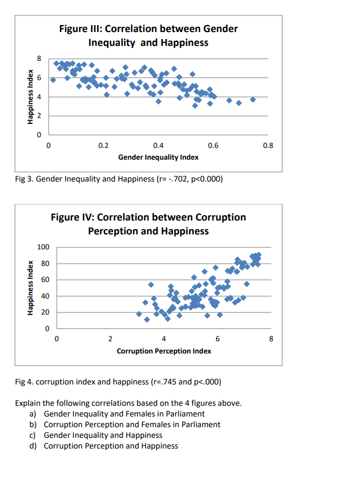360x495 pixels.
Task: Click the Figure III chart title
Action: (148, 35)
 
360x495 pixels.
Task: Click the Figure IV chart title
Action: (148, 224)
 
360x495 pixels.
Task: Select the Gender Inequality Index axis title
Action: (158, 157)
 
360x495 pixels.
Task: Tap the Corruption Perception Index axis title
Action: (164, 351)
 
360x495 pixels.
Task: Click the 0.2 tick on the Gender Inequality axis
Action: (104, 145)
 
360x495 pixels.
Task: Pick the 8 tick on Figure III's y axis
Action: (38, 58)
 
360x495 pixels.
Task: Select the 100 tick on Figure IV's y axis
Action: (43, 247)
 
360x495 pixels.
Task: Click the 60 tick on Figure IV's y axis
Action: (45, 280)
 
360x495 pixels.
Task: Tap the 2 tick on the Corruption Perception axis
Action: (110, 339)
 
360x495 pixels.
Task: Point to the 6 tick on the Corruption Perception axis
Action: (217, 339)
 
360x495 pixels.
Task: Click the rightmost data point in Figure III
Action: (253, 99)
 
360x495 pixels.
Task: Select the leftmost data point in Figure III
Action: (53, 80)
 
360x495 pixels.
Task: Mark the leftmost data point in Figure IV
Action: (139, 314)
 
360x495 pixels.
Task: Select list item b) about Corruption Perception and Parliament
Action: (131, 425)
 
